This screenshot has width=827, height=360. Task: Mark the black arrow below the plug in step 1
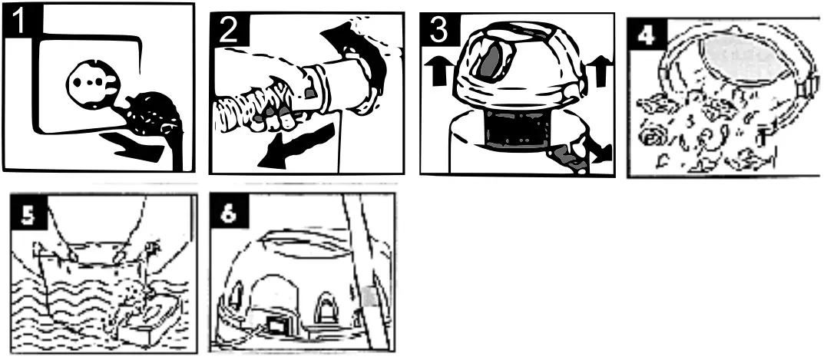(134, 146)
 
